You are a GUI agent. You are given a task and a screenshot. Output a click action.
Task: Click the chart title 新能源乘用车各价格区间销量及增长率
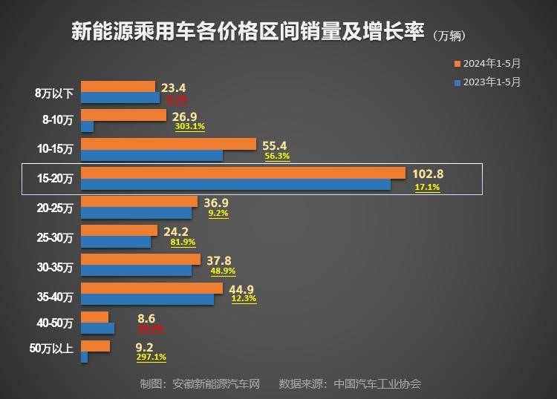pos(248,32)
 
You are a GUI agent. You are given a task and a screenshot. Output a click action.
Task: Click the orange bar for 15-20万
pos(243,173)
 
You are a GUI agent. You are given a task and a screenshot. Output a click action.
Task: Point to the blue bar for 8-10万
pos(87,127)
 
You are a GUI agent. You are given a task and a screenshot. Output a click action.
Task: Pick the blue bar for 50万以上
pos(84,357)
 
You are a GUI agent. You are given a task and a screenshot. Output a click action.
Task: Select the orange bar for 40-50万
pos(94,317)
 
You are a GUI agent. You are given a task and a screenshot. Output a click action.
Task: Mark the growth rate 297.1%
pos(151,357)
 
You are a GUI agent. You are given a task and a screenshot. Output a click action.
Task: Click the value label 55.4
pos(275,145)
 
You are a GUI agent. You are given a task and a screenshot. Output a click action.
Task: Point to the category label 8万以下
pos(54,93)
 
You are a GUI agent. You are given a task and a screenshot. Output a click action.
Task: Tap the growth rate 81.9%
pos(183,242)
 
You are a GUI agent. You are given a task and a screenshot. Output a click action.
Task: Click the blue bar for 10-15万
pos(152,156)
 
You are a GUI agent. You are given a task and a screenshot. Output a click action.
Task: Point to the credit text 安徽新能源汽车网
pos(215,383)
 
